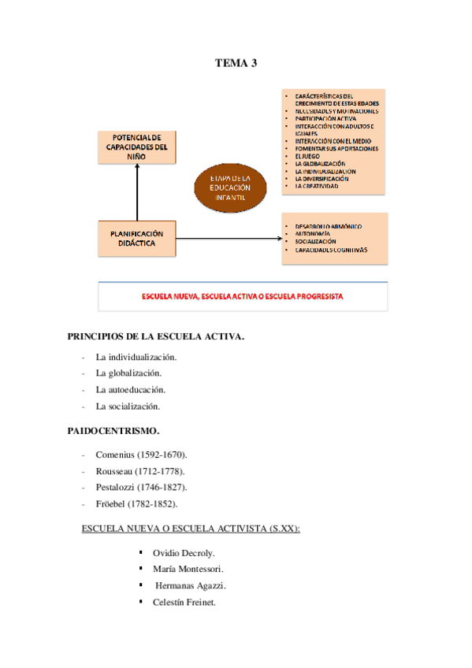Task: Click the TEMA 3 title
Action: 236,63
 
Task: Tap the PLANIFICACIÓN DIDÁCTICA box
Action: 137,238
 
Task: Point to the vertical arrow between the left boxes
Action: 137,193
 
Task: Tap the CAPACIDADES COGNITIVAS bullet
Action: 331,250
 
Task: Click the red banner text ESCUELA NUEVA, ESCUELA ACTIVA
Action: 242,297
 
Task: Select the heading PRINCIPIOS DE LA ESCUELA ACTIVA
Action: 158,337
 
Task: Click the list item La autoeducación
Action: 131,390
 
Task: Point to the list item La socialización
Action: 128,406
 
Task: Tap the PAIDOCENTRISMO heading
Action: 115,431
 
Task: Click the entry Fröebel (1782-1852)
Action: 136,503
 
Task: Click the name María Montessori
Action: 188,568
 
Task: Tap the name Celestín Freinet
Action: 184,602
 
